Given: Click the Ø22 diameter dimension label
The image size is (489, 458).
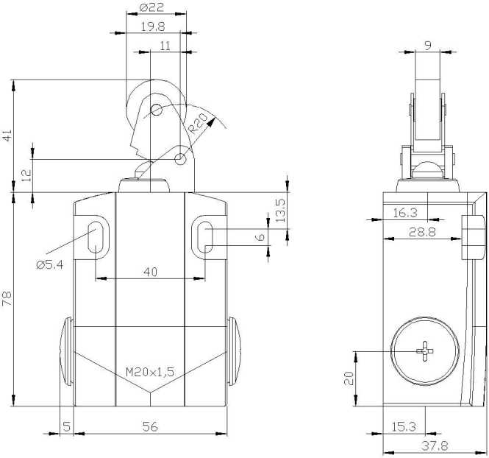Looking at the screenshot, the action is tap(151, 7).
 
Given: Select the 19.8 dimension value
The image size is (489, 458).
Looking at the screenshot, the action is tap(152, 27).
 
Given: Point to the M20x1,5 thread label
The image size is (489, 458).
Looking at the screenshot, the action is tap(150, 372).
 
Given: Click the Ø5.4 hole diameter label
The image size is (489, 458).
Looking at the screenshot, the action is tap(49, 265).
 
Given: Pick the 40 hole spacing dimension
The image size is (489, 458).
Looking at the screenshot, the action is tap(150, 272).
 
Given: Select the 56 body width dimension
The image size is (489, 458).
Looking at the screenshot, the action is tap(150, 426).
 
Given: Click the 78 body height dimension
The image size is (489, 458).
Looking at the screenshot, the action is tap(7, 298).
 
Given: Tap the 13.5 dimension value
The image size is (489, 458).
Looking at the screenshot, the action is tap(281, 211).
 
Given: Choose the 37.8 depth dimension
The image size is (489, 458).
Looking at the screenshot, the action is tap(435, 445).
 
